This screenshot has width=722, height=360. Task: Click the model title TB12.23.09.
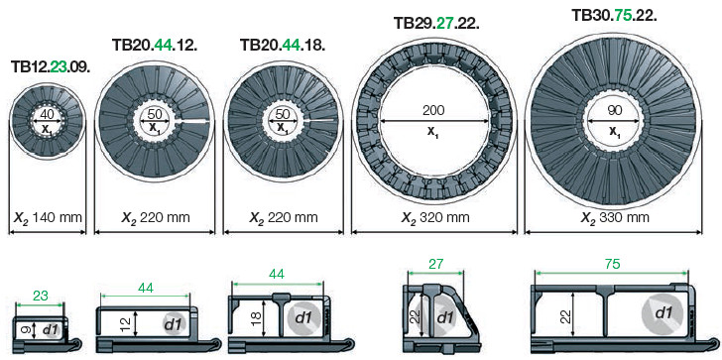click(53, 66)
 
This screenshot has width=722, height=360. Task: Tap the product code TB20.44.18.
click(283, 44)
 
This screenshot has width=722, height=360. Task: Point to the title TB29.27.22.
click(436, 22)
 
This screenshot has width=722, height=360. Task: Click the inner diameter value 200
click(432, 109)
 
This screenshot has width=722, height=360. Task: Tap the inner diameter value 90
click(614, 111)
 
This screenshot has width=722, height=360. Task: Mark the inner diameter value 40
click(47, 114)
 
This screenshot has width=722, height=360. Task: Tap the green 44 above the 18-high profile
click(277, 273)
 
